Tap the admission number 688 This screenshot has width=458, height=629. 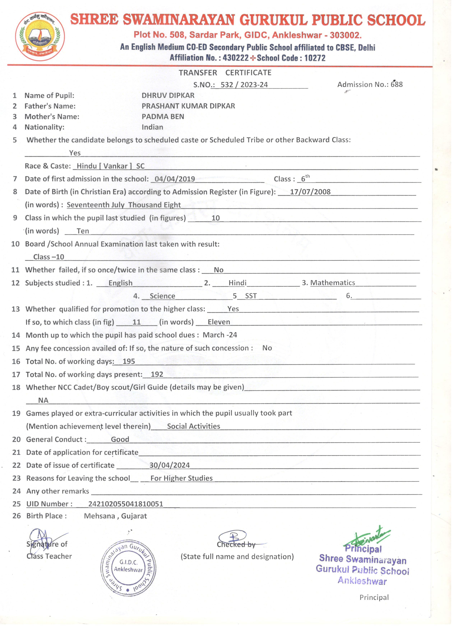396,84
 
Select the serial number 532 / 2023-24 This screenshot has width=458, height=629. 244,85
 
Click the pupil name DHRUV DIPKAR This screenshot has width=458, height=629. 168,95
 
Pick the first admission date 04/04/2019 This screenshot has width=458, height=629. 175,179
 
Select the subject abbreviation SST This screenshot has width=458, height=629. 251,296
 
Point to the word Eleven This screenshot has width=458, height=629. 219,322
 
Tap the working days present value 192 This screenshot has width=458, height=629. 157,374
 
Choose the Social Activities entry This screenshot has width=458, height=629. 194,426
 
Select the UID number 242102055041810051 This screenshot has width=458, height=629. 126,504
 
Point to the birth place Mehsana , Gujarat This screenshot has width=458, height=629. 115,516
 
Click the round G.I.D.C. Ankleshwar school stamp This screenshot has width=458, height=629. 128,567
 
